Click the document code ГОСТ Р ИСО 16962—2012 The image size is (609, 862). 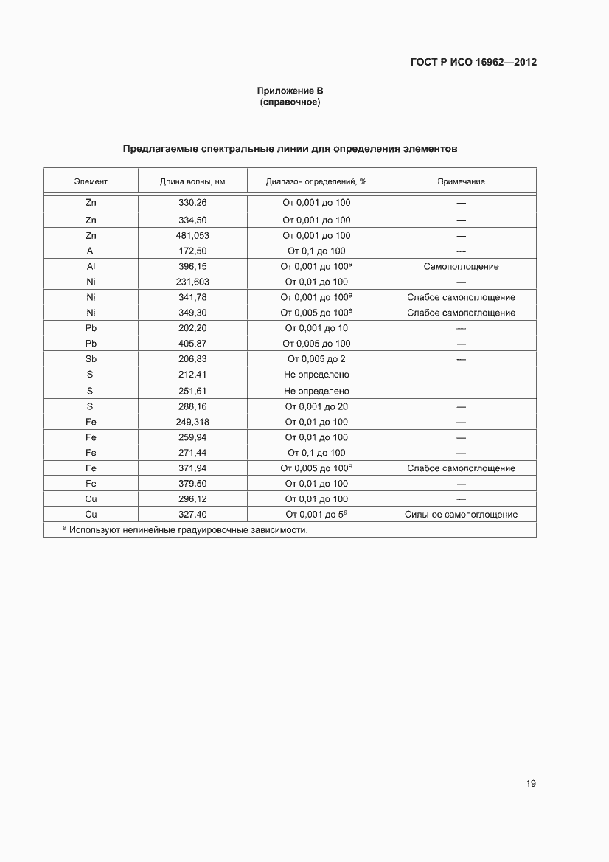click(473, 62)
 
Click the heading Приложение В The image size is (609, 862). click(290, 91)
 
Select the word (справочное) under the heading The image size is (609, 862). click(290, 102)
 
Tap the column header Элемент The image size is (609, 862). click(91, 181)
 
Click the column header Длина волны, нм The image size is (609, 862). click(192, 181)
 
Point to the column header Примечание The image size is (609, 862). click(461, 181)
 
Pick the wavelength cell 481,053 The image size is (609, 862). click(192, 235)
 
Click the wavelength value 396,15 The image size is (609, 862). click(192, 266)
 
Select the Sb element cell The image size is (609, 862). click(91, 359)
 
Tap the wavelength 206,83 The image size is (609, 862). click(192, 359)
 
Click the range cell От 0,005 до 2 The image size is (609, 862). click(316, 359)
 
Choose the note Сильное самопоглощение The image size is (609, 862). click(461, 515)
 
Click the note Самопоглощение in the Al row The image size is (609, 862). click(461, 266)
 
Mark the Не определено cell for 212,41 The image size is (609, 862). click(316, 375)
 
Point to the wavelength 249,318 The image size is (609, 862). click(192, 422)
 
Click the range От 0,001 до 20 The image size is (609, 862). click(316, 406)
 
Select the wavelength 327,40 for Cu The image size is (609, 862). click(192, 515)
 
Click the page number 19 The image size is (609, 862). click(530, 783)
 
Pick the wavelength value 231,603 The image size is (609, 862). click(192, 282)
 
